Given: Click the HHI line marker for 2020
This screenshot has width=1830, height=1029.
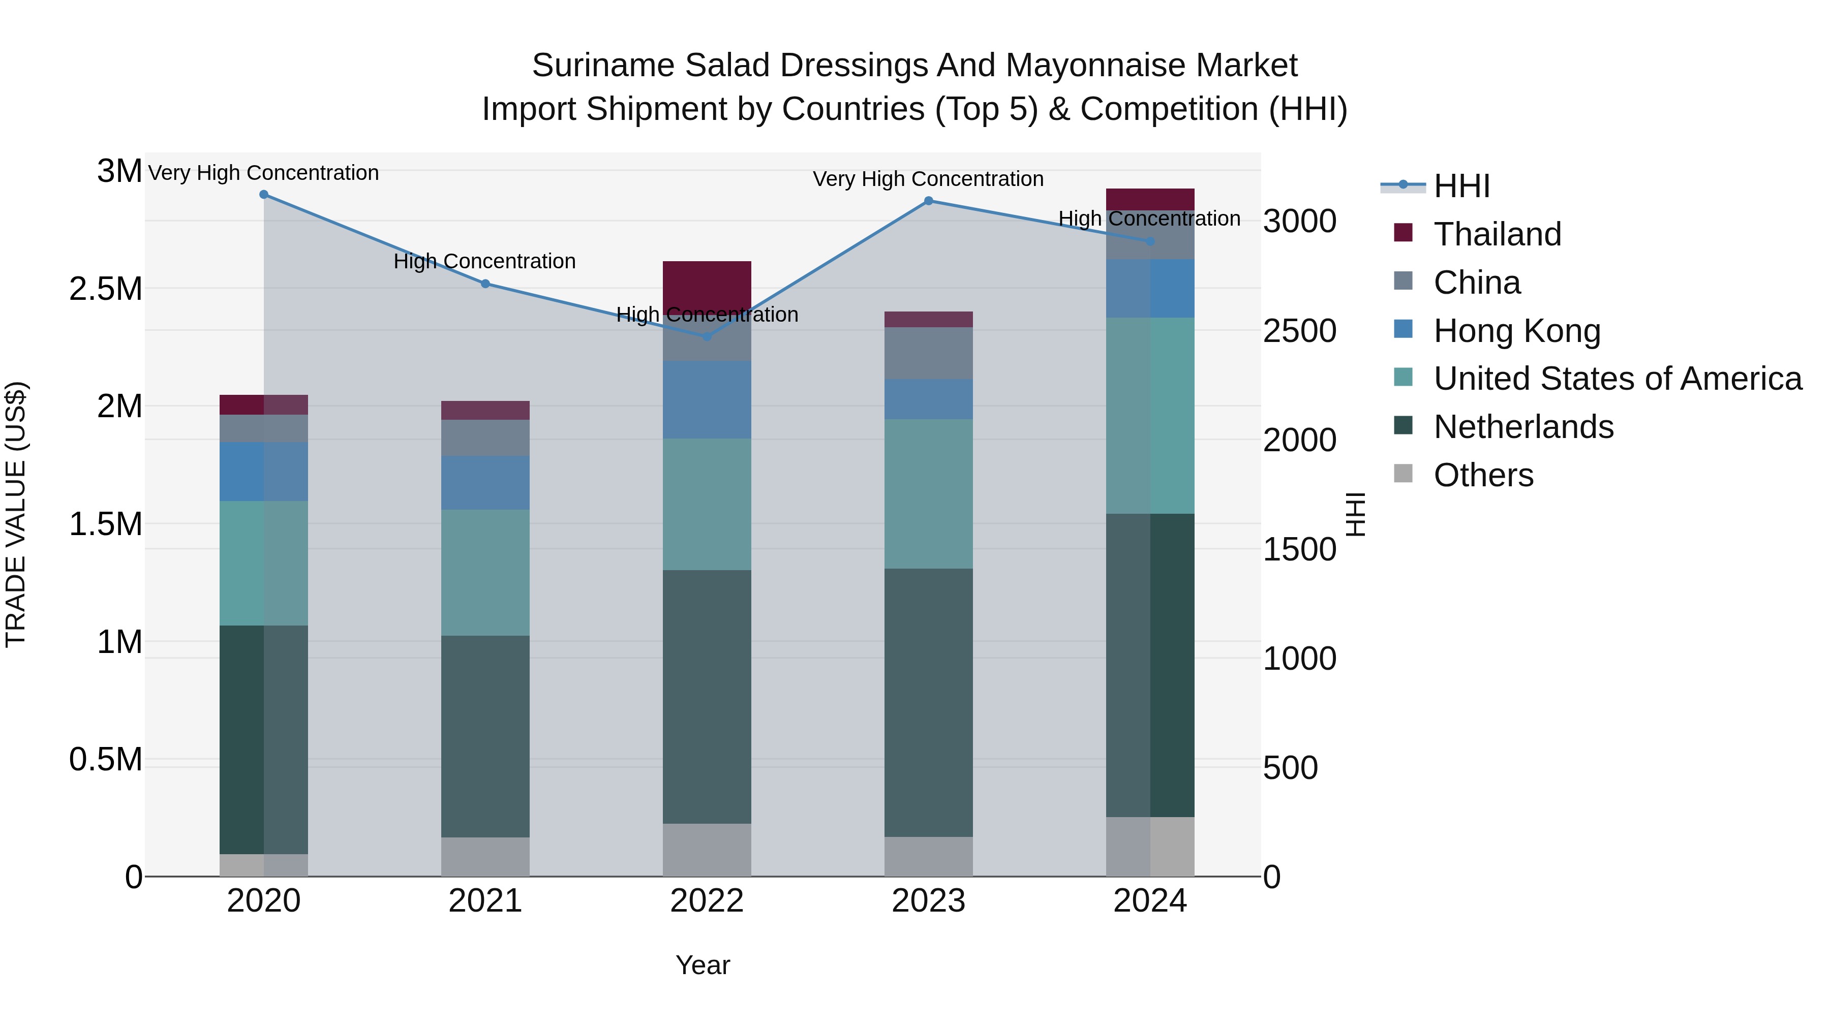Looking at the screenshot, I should pyautogui.click(x=263, y=195).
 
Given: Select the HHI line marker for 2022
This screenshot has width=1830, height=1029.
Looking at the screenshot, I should pyautogui.click(x=707, y=336).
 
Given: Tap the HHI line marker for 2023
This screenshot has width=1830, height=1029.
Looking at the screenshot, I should pyautogui.click(x=929, y=201).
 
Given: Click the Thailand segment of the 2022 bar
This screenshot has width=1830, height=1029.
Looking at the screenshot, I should pyautogui.click(x=707, y=284).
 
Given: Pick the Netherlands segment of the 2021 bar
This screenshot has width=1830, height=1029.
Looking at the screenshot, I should pyautogui.click(x=485, y=736).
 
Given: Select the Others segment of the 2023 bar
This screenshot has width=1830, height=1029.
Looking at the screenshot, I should pyautogui.click(x=929, y=856).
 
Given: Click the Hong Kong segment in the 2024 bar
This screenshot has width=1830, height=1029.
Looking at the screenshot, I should pyautogui.click(x=1150, y=288).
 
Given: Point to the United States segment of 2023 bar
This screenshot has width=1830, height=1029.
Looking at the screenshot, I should pyautogui.click(x=929, y=493).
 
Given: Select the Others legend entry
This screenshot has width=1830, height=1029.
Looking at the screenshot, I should pyautogui.click(x=1483, y=475).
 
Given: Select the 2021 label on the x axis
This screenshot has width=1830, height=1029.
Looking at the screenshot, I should pyautogui.click(x=485, y=901).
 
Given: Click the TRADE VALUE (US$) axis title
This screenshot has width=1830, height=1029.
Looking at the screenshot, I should pyautogui.click(x=16, y=514).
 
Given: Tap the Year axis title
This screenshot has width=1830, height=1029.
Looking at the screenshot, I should pyautogui.click(x=703, y=965).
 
